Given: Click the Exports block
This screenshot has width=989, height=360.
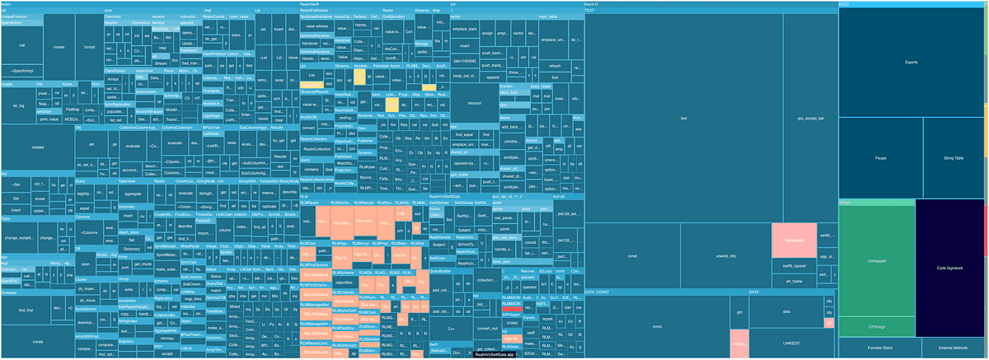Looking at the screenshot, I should tap(911, 62).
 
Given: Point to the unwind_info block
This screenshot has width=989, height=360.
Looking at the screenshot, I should tap(726, 256).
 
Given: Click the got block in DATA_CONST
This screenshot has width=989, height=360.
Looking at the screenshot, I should tap(739, 314).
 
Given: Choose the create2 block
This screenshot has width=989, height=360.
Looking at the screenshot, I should tap(38, 147).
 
